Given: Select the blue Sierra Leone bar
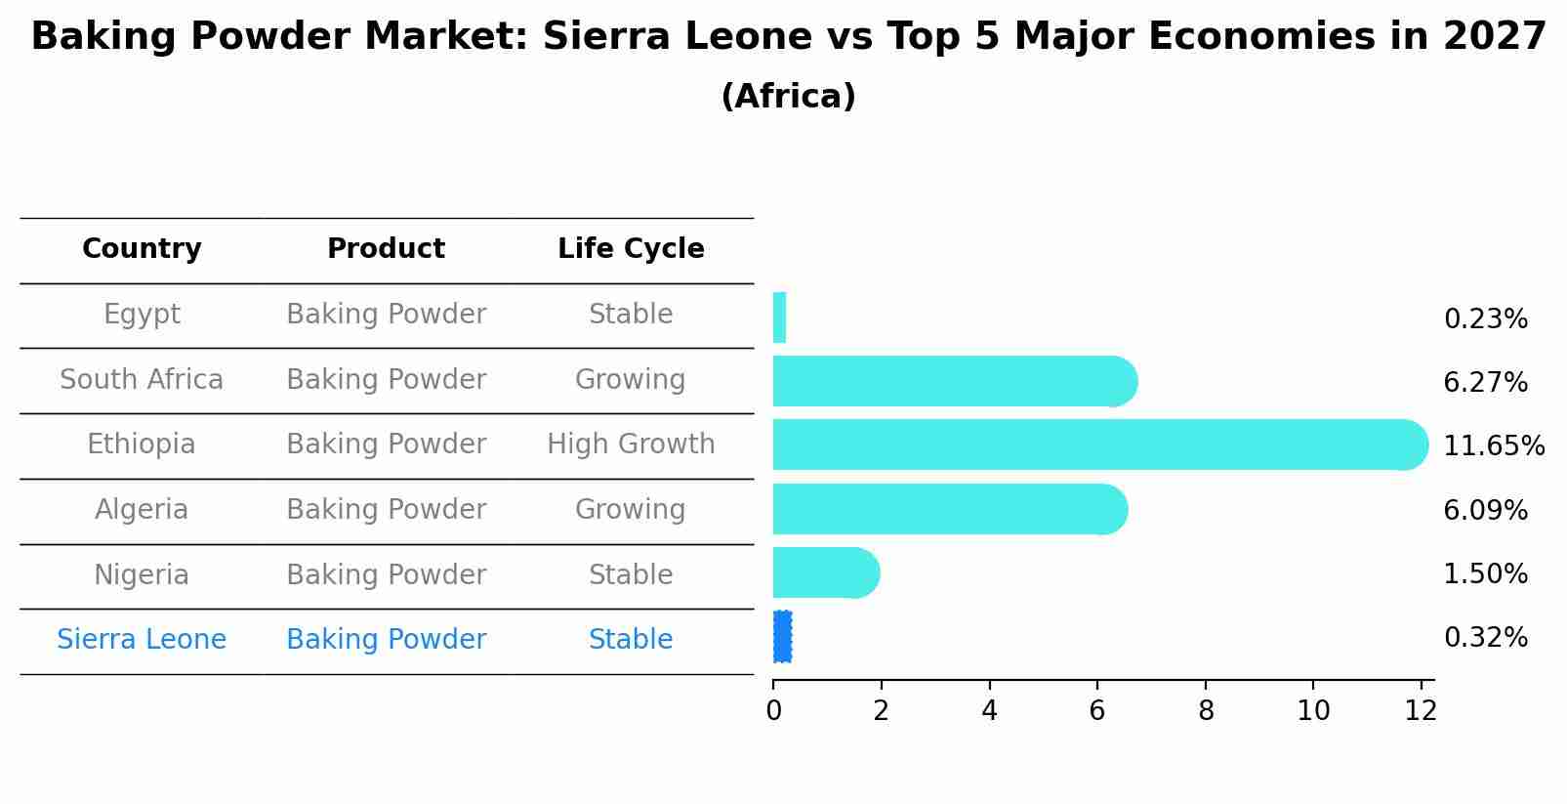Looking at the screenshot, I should click(x=782, y=637).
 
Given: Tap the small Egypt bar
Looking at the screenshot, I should click(x=779, y=317).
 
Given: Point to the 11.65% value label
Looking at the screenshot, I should click(x=1493, y=446).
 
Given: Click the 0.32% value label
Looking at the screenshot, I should click(x=1485, y=638).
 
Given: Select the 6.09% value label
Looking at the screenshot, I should click(x=1485, y=510).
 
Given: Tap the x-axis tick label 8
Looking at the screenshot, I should click(x=1206, y=711).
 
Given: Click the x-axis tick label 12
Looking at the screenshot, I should click(x=1421, y=711).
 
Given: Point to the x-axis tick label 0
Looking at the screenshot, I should click(x=773, y=711).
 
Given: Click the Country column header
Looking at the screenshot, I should click(x=142, y=249).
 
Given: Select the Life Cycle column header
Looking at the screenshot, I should click(x=631, y=249).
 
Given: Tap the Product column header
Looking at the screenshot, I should click(x=386, y=249).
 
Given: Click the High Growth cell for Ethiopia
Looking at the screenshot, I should click(x=631, y=444).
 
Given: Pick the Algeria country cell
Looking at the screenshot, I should click(x=142, y=510).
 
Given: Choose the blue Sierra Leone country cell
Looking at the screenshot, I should click(x=142, y=640).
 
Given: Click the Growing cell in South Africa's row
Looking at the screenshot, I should click(x=631, y=380).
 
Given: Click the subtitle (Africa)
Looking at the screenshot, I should click(x=788, y=97).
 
